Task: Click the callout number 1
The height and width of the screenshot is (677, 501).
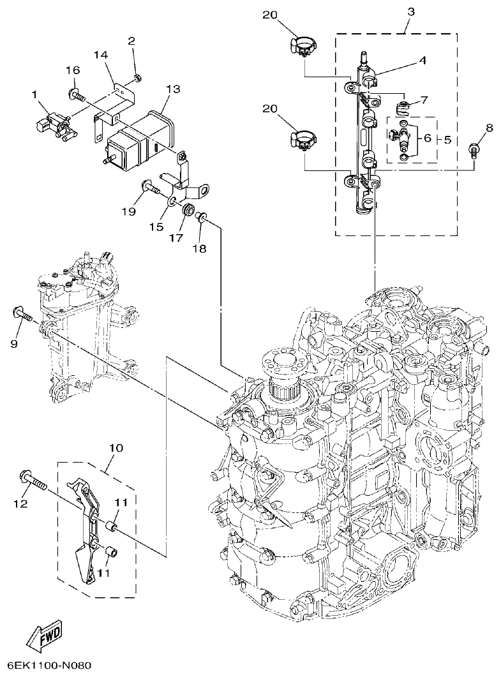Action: (36, 94)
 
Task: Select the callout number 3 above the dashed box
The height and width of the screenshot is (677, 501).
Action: (410, 12)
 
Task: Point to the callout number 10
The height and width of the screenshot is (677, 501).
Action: (116, 449)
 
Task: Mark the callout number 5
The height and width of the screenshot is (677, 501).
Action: (447, 138)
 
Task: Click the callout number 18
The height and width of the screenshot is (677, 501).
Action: (199, 249)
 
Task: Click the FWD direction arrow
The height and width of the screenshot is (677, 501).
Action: (44, 636)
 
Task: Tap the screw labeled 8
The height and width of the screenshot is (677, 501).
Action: (474, 150)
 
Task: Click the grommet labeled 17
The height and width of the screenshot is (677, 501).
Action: (188, 210)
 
